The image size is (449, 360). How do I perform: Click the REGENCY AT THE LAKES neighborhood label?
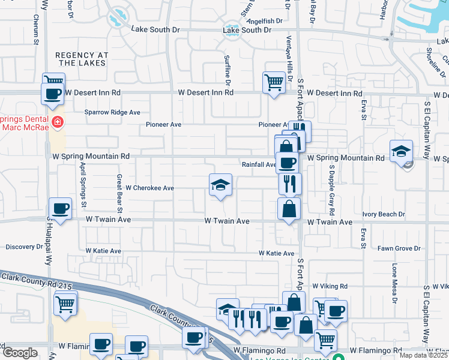tap(82, 59)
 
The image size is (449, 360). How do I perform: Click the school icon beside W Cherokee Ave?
tap(220, 185)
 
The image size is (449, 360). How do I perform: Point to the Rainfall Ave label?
tap(258, 164)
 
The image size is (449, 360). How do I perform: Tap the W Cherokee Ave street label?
tap(149, 188)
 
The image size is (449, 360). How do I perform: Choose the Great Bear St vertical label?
tap(119, 194)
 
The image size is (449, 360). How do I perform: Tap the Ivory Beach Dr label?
tap(384, 214)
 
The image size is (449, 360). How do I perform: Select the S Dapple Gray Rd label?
tap(331, 197)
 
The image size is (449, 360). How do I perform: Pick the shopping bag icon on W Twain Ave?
tap(289, 209)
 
